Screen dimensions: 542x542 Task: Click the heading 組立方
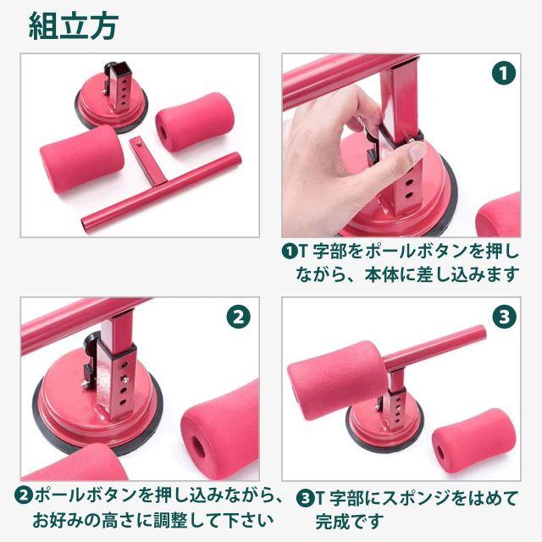[74, 26]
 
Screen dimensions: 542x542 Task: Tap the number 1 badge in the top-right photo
[504, 73]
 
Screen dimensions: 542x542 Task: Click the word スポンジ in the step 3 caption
[416, 499]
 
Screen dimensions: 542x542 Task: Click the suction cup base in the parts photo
[111, 108]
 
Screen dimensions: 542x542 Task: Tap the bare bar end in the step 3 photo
[480, 333]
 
